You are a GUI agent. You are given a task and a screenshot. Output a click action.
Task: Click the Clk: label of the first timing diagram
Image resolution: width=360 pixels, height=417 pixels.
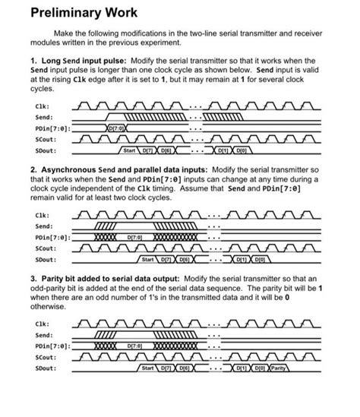(44, 107)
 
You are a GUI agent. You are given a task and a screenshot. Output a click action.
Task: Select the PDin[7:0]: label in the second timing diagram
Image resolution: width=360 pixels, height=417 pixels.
(53, 238)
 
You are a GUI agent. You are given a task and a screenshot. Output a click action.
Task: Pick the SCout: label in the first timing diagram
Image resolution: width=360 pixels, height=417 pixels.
(46, 139)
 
